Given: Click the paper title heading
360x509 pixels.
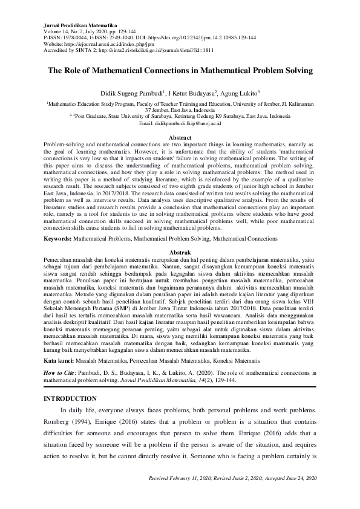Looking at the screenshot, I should click(180, 70).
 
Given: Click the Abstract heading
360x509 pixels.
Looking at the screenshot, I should click(180, 138).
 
